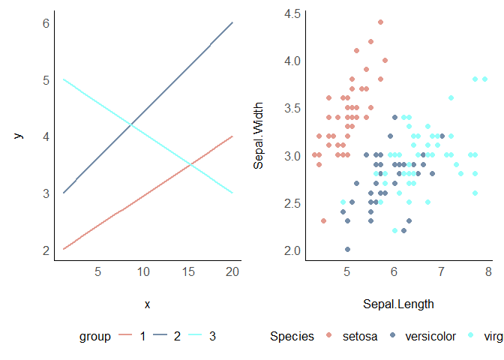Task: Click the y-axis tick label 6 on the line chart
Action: coord(46,22)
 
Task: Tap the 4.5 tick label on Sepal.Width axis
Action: coord(292,13)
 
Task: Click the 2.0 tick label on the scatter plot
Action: coord(292,250)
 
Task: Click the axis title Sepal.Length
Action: coord(398,304)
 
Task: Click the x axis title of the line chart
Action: coord(147,304)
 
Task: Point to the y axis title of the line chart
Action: coord(19,136)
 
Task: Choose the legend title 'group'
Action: coord(95,337)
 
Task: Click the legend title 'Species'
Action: coord(292,337)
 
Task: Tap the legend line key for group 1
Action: coord(125,337)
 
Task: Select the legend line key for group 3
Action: coord(194,337)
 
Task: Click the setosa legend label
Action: coord(361,337)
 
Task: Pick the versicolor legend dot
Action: coord(393,337)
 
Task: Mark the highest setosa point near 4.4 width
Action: coord(380,22)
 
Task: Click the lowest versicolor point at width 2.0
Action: coord(347,250)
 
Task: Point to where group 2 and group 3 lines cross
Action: coord(132,125)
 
